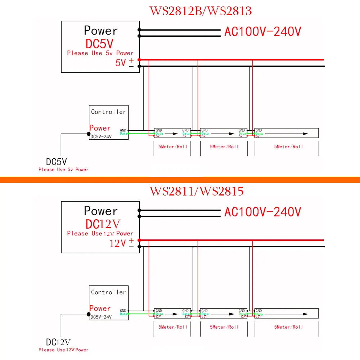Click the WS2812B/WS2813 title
[201, 11]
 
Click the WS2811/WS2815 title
[196, 191]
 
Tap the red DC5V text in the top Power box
[100, 44]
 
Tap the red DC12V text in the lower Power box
[103, 224]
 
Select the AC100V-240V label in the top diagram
[262, 32]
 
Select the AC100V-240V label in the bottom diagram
[262, 212]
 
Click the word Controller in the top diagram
[108, 112]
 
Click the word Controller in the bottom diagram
[108, 292]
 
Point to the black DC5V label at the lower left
[57, 162]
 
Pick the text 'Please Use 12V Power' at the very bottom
[63, 350]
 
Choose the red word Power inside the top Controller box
[100, 128]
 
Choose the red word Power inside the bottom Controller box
[100, 308]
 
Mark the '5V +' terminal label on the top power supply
[125, 62]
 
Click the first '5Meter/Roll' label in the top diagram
[173, 147]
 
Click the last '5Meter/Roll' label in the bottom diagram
[288, 327]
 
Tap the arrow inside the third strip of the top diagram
[288, 134]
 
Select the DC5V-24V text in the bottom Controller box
[101, 317]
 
